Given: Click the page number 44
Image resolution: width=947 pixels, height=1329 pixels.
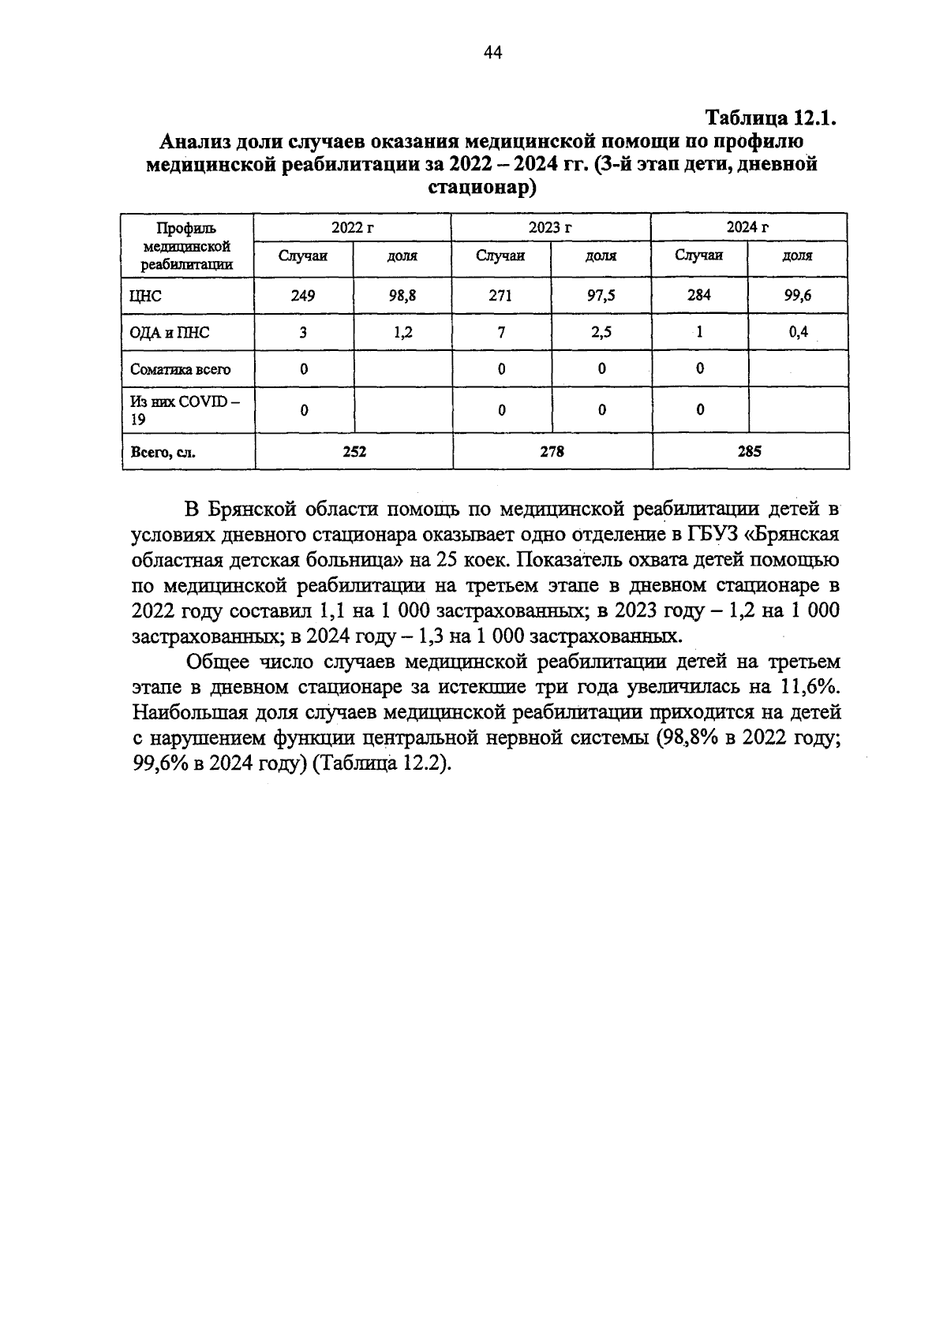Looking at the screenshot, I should coord(492,53).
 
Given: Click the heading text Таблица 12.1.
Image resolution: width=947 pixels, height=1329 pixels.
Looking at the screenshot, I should coord(769,119).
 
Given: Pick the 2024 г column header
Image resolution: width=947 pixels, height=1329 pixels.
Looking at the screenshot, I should coord(748,227).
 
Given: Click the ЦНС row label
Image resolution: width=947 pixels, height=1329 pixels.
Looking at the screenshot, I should coord(146,297).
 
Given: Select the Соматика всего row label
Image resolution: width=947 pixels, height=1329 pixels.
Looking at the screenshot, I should coord(181,369).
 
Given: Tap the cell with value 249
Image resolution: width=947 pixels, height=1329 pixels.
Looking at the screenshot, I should coord(302,296).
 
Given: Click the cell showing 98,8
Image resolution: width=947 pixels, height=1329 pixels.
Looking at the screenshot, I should coord(402,296).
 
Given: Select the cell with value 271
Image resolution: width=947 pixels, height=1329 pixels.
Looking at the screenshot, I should coord(500,296).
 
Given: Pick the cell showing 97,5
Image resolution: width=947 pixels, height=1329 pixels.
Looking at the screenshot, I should coord(601,296).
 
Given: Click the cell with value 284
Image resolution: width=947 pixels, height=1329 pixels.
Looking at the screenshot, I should coord(699,295).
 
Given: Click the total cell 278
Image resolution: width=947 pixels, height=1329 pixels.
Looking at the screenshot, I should coord(552,452).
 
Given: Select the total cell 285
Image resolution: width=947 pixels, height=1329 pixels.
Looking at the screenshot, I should coord(750,452).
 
